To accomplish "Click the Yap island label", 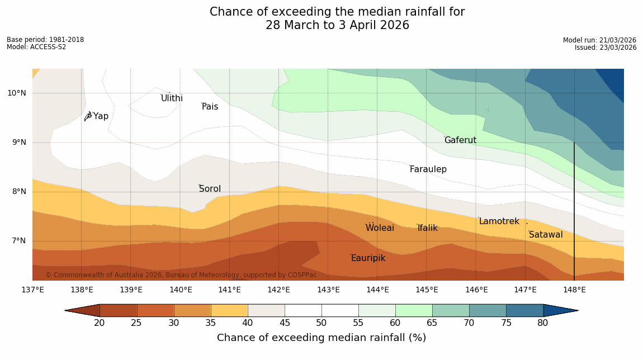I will point(101,116).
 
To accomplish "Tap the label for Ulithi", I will point(172,98).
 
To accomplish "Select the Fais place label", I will point(210,107).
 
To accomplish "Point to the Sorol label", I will point(210,189).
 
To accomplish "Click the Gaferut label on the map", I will point(460,140).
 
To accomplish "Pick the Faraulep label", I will point(428,169).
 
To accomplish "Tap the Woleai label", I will point(380,228).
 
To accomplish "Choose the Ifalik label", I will point(427,228).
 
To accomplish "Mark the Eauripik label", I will point(368,258).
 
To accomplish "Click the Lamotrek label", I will point(499,221).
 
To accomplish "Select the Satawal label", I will point(546,235).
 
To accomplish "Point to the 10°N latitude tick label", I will point(17,93).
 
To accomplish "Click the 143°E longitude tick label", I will point(328,290).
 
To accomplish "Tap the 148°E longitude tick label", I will point(574,290).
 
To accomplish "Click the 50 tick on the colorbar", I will point(321,323).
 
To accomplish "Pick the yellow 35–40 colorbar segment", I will point(229,310).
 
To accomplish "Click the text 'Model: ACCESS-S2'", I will point(36,47).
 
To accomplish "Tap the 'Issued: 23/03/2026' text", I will point(606,48).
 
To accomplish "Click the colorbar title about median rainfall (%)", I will point(321,338).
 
